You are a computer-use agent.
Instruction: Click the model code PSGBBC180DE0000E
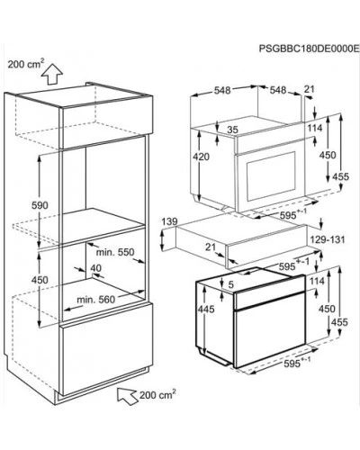pyautogui.click(x=309, y=49)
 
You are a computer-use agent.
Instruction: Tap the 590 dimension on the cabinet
pyautogui.click(x=40, y=205)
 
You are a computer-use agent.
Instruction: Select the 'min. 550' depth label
pyautogui.click(x=115, y=252)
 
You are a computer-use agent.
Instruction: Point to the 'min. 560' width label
pyautogui.click(x=95, y=300)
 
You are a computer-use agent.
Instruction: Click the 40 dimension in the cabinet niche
pyautogui.click(x=95, y=268)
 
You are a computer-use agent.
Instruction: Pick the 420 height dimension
pyautogui.click(x=201, y=157)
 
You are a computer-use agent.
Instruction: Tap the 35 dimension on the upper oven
pyautogui.click(x=232, y=130)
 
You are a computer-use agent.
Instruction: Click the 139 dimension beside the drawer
pyautogui.click(x=169, y=222)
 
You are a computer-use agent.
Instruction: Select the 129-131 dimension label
pyautogui.click(x=328, y=240)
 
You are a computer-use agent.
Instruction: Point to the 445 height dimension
pyautogui.click(x=206, y=309)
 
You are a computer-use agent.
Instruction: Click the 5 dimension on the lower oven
pyautogui.click(x=230, y=285)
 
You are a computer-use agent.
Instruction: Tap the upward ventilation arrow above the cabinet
pyautogui.click(x=52, y=74)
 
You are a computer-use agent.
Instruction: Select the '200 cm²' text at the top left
pyautogui.click(x=26, y=64)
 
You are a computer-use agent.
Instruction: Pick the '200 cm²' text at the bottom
pyautogui.click(x=157, y=395)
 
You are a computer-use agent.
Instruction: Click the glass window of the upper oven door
pyautogui.click(x=271, y=176)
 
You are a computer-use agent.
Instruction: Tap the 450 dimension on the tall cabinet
pyautogui.click(x=40, y=280)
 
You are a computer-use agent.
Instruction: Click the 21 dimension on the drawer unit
pyautogui.click(x=211, y=247)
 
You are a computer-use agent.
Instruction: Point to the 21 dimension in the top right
pyautogui.click(x=309, y=89)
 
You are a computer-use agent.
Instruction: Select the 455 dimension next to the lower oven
pyautogui.click(x=339, y=322)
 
